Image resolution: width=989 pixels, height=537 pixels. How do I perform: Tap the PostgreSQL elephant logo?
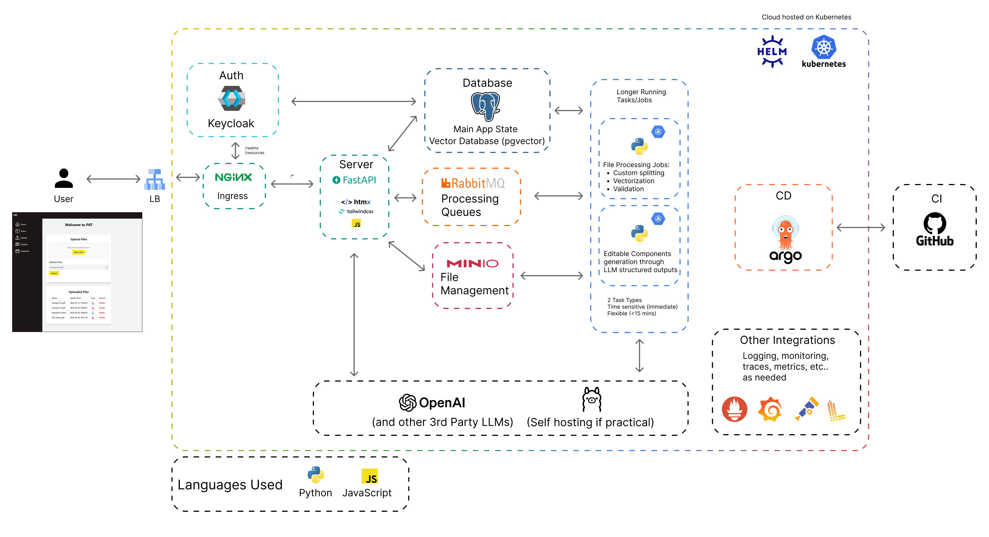(485, 106)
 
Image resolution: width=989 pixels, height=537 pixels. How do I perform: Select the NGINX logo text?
(233, 177)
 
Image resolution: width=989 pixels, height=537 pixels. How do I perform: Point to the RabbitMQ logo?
(473, 183)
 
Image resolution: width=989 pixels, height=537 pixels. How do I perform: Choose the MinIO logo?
(472, 264)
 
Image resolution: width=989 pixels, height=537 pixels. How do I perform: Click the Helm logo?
(772, 51)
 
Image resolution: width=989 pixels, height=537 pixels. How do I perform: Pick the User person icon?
(64, 178)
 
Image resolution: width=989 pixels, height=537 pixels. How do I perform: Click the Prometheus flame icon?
(734, 409)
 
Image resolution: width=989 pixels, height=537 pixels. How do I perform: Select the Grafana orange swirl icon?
(770, 409)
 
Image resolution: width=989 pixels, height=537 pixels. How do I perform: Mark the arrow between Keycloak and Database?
(353, 101)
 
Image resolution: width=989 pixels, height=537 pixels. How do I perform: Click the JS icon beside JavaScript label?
(369, 476)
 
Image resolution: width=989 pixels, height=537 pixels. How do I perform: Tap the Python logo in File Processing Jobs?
(639, 147)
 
